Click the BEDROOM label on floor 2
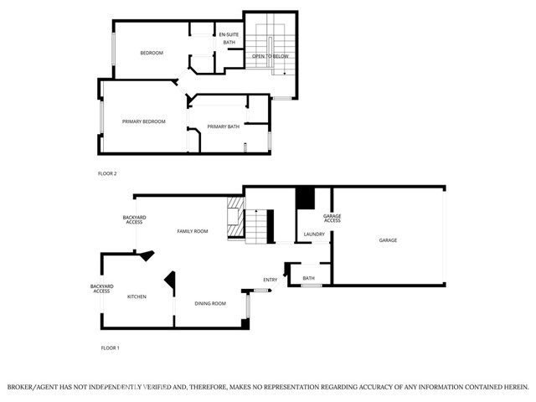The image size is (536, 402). [x=151, y=53]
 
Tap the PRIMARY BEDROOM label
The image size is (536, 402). [x=143, y=121]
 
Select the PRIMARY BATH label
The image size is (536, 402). [x=224, y=126]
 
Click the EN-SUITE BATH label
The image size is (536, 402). [x=229, y=38]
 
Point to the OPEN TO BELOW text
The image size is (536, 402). [x=271, y=56]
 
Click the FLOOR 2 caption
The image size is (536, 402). [x=107, y=173]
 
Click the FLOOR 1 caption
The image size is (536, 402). [x=110, y=347]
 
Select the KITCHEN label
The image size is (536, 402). [x=137, y=296]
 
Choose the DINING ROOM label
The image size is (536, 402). [x=210, y=303]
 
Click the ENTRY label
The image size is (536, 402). [x=270, y=280]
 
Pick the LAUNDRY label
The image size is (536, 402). [x=314, y=234]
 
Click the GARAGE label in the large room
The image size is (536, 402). [x=388, y=240]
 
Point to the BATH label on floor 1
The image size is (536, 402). [x=308, y=278]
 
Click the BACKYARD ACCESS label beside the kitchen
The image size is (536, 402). [x=101, y=289]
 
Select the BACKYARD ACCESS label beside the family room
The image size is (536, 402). [x=134, y=219]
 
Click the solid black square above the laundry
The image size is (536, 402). [x=305, y=198]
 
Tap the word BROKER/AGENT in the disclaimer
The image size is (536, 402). [x=33, y=387]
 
